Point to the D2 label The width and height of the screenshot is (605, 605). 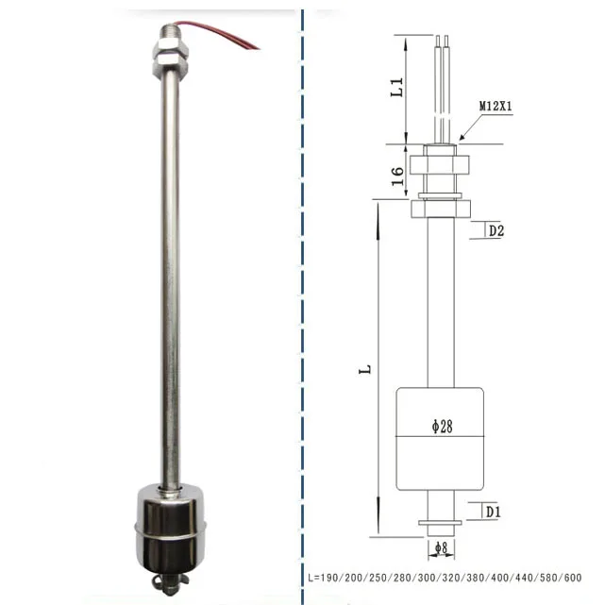(x=496, y=230)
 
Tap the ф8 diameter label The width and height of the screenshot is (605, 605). (x=439, y=548)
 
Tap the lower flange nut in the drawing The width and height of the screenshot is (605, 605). (x=440, y=207)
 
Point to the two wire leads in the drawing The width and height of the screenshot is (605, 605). (x=440, y=85)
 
